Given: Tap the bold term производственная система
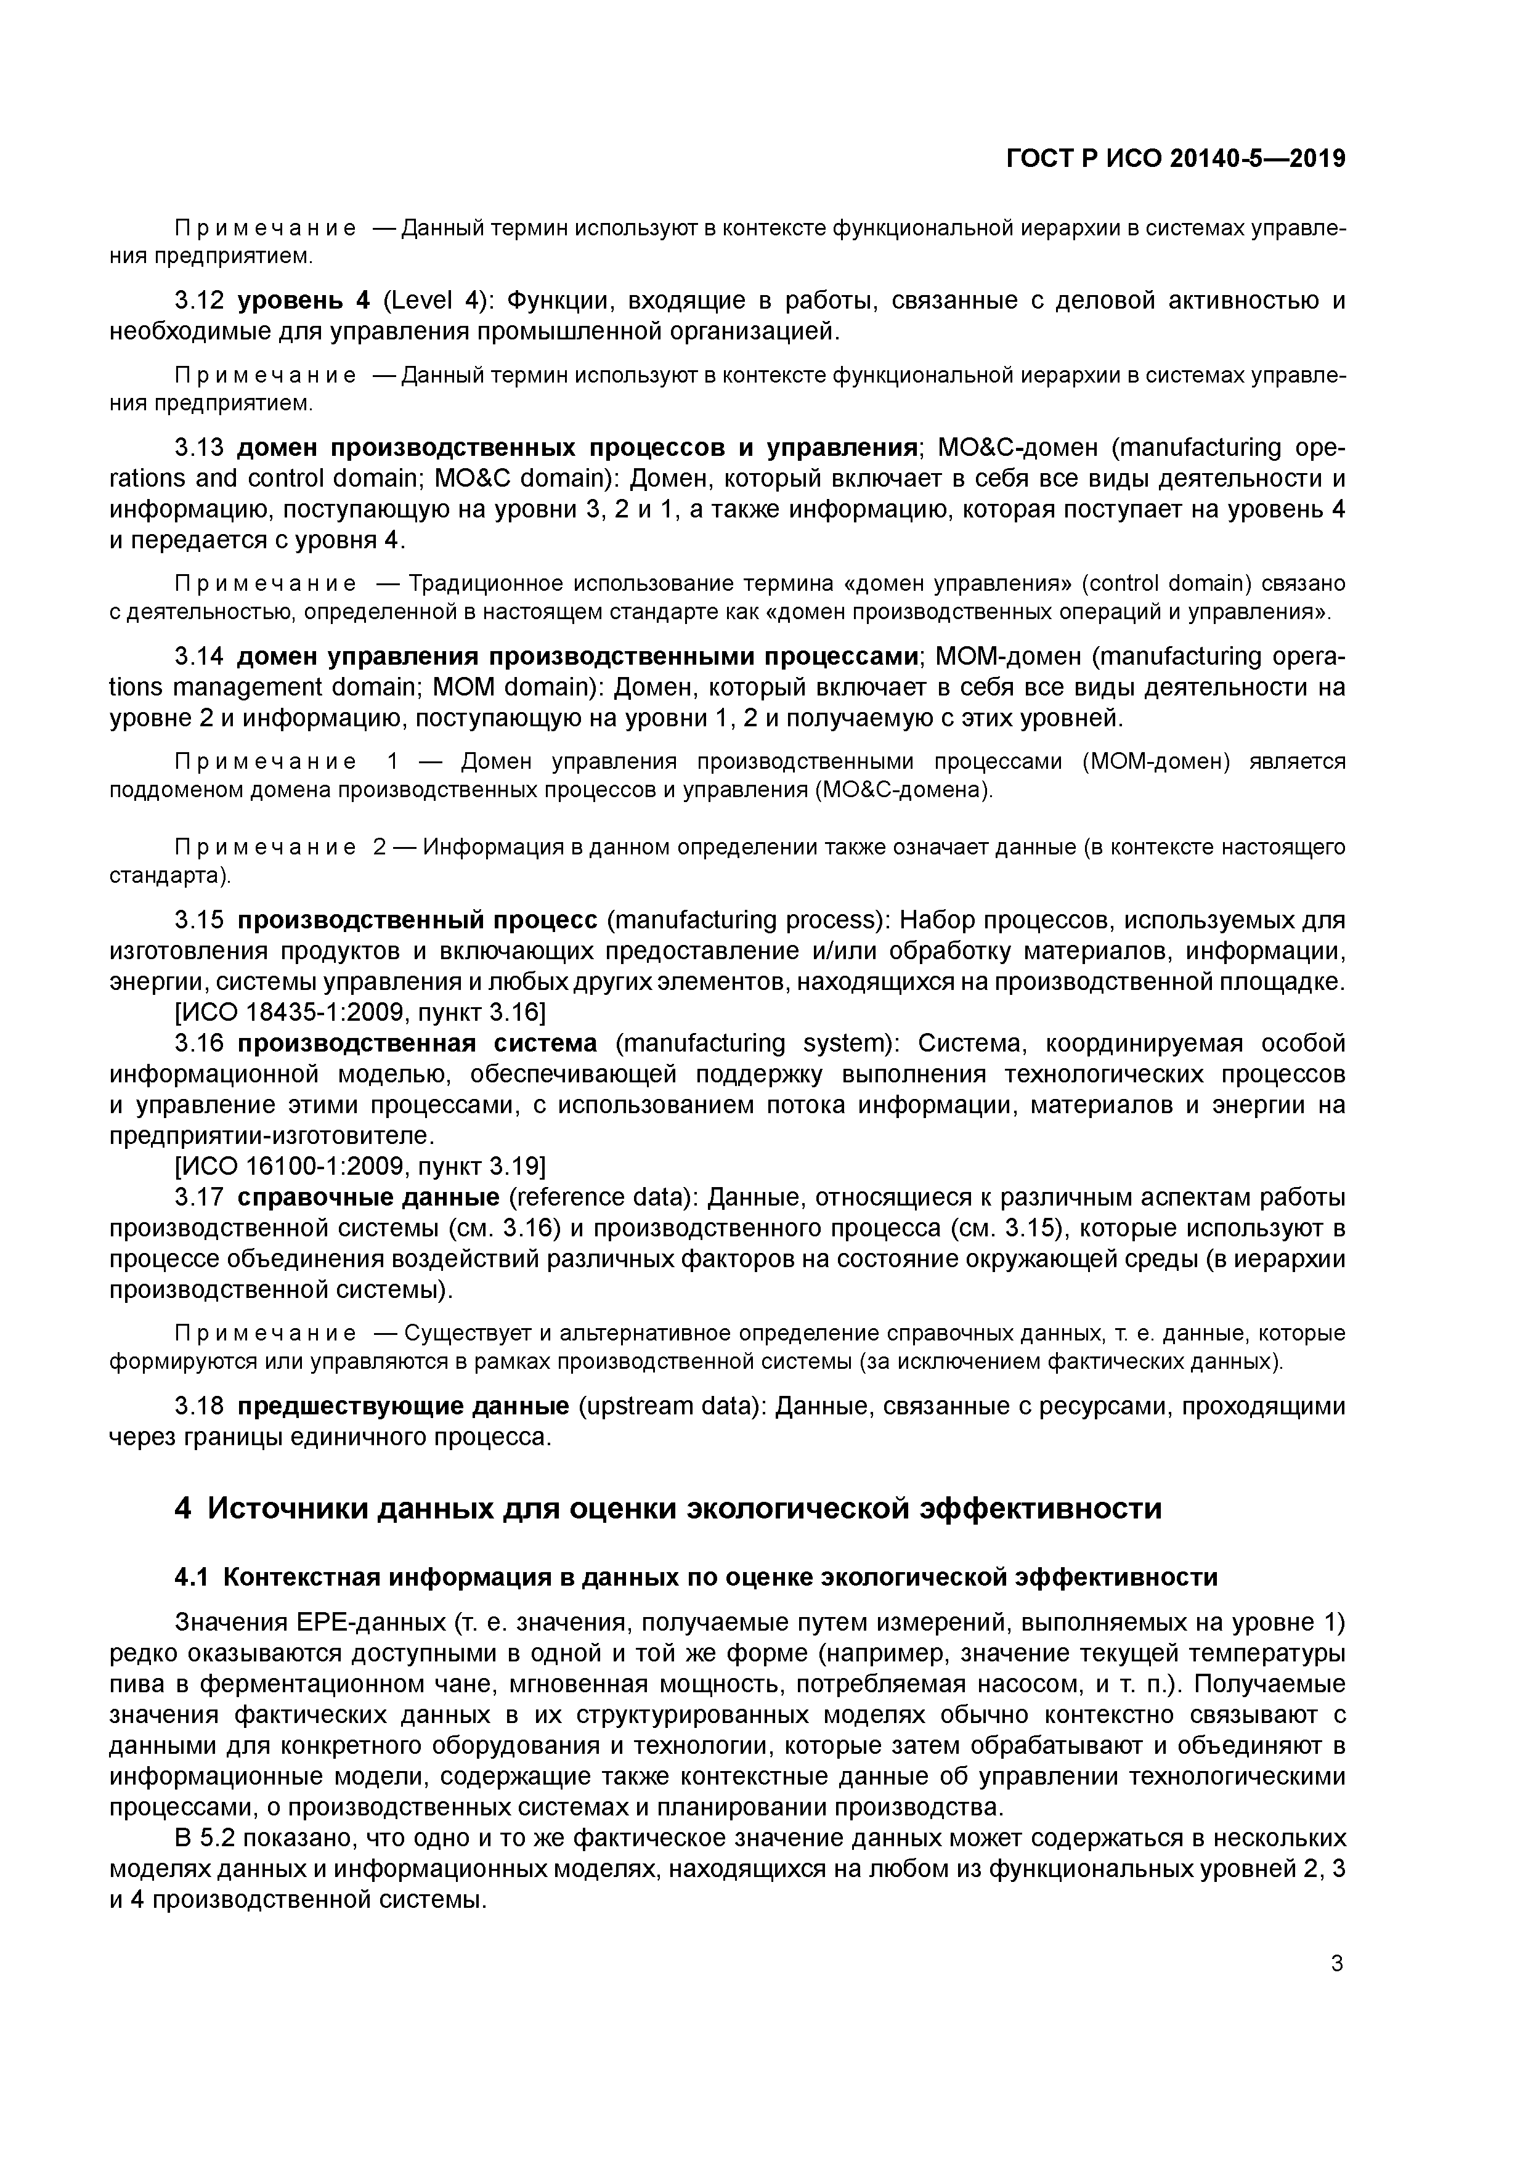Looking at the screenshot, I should point(417,1043).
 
